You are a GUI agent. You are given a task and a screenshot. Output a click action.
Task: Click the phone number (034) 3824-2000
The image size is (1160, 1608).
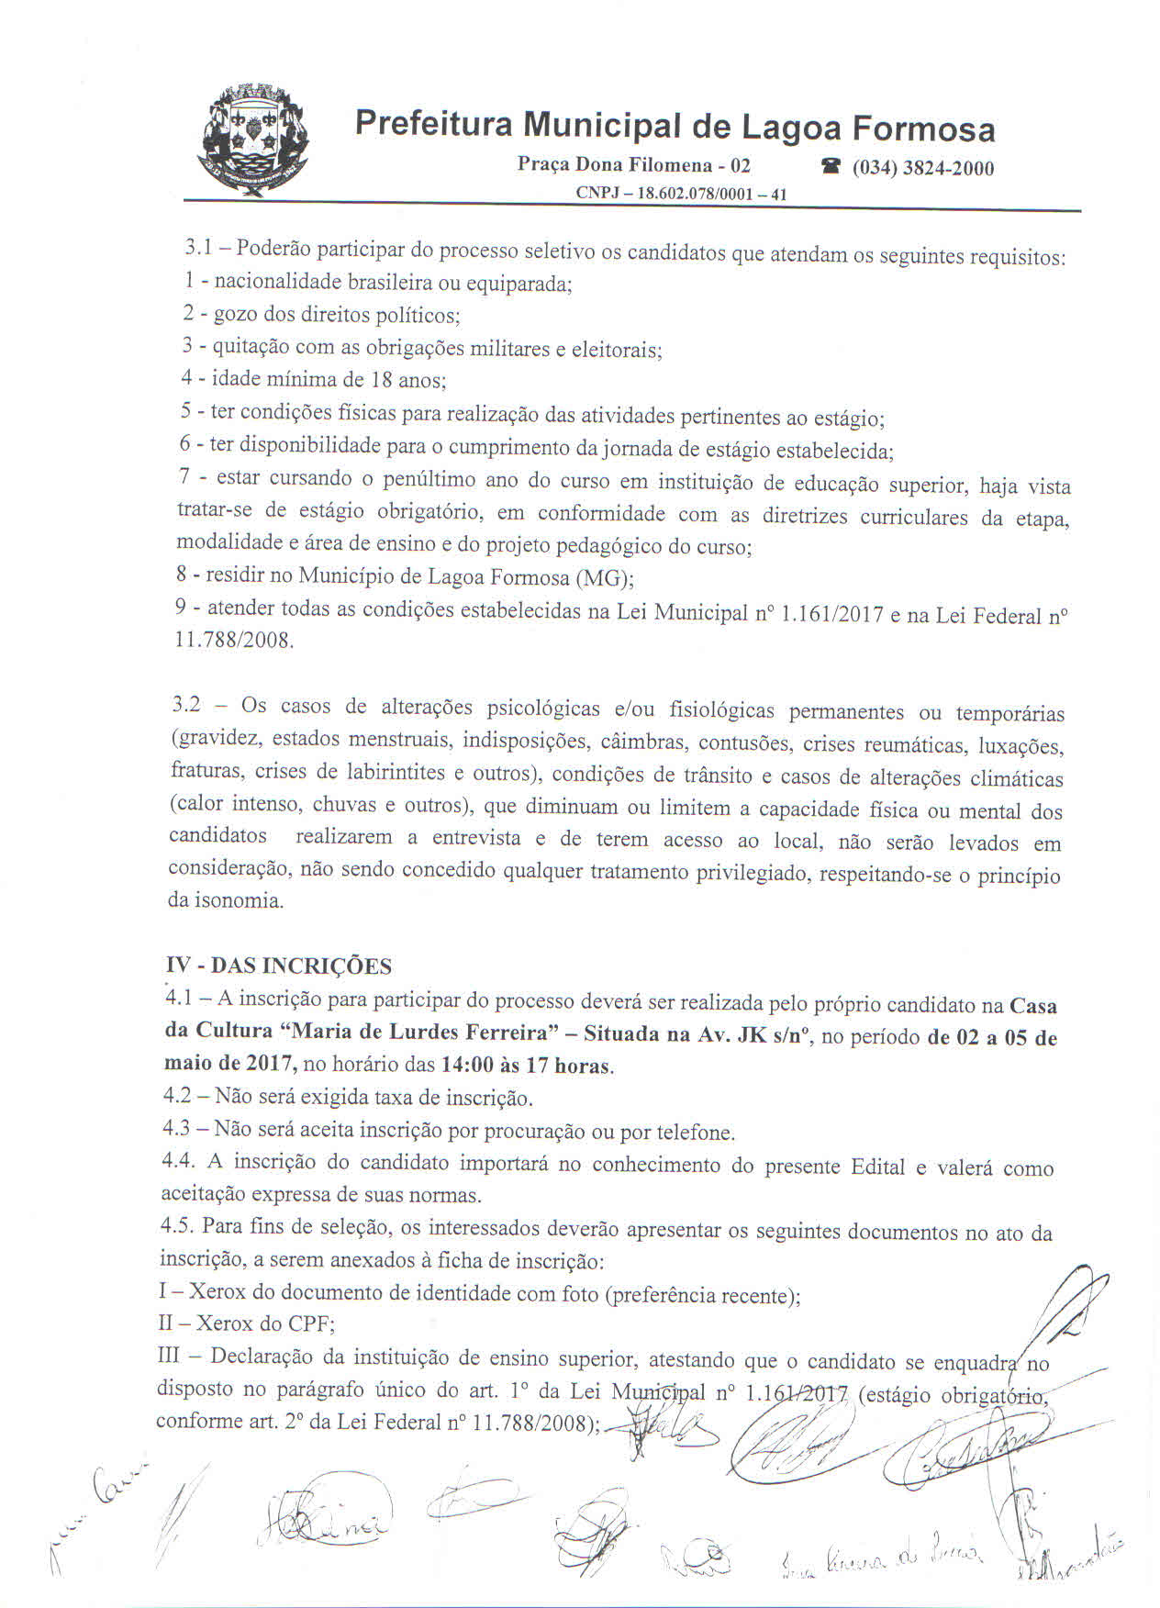[922, 168]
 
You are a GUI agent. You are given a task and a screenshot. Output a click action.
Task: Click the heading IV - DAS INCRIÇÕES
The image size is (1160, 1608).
[279, 966]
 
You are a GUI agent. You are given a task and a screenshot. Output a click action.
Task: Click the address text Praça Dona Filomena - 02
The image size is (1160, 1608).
[634, 165]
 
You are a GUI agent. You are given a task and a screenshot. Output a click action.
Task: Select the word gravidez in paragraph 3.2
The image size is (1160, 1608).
[216, 739]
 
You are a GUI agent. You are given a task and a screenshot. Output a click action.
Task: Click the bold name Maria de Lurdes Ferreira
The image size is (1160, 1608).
[420, 1033]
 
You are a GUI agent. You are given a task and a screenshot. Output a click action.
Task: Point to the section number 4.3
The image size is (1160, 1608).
[176, 1130]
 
